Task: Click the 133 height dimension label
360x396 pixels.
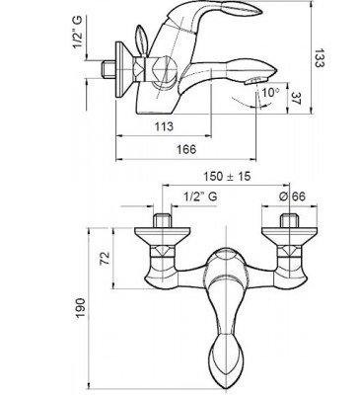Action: tap(319, 58)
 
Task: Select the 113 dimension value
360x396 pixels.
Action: tap(164, 126)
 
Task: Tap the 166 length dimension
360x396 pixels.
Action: tap(186, 149)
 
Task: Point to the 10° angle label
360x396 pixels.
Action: tap(270, 92)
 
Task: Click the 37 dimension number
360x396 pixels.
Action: tap(297, 98)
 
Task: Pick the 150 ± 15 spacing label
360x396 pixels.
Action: tap(227, 176)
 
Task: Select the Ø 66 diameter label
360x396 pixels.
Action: tap(292, 197)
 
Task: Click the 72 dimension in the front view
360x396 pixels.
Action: tap(104, 259)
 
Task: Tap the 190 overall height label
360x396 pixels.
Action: tap(81, 308)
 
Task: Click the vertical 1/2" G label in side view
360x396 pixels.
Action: tap(78, 32)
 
